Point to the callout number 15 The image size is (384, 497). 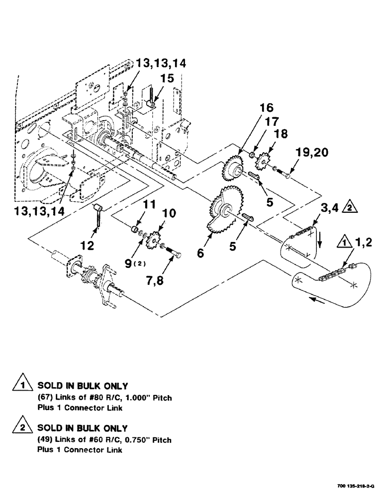pos(167,79)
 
